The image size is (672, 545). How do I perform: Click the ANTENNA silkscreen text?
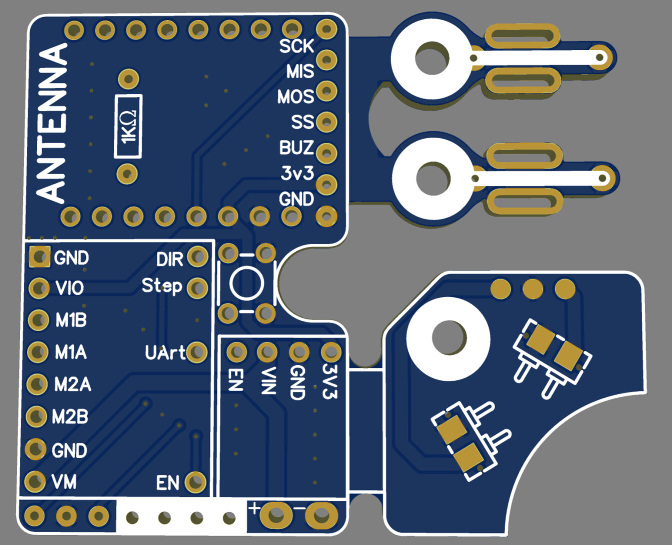click(51, 123)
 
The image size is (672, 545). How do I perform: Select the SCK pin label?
click(296, 46)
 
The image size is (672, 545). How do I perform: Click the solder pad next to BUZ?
click(326, 153)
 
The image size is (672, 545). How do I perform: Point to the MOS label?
click(295, 96)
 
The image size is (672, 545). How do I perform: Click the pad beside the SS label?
click(326, 122)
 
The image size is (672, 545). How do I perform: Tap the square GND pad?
click(39, 256)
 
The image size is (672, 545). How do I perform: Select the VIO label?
click(69, 288)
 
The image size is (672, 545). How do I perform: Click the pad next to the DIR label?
click(198, 256)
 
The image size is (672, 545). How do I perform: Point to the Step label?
click(162, 286)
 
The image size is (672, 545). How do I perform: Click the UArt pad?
click(197, 352)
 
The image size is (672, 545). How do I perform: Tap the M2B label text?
click(70, 417)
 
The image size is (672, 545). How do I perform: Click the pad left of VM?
click(34, 481)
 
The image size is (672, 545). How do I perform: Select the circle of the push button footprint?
click(246, 283)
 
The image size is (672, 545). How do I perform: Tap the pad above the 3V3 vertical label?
click(331, 351)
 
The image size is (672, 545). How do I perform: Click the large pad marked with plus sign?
click(276, 515)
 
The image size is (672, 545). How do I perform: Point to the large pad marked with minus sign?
click(321, 515)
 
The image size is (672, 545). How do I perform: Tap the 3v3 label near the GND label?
click(297, 173)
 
